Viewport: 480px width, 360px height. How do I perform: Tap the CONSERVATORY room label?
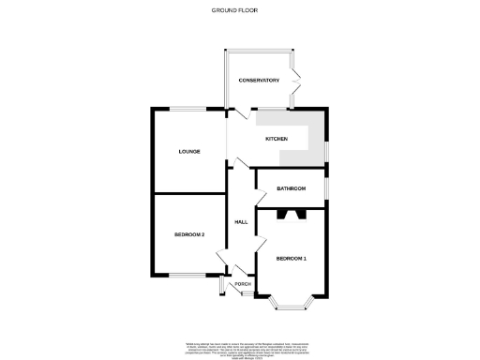point(259,81)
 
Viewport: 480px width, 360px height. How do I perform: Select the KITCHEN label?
point(276,139)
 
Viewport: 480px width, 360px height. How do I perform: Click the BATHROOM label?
point(291,188)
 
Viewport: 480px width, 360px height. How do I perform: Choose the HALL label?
point(240,222)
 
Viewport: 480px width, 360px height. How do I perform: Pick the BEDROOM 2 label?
point(189,234)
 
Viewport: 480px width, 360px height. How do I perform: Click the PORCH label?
point(242,283)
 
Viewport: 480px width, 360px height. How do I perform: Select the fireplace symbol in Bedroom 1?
point(291,214)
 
